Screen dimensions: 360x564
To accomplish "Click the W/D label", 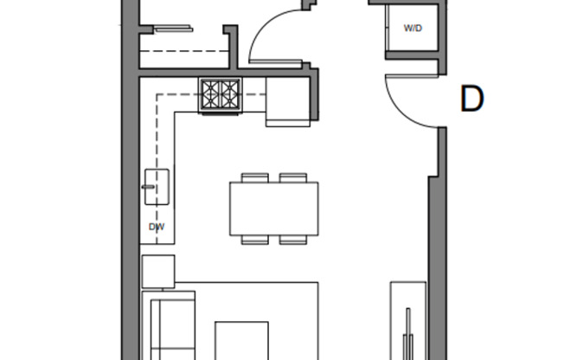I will point(413,29).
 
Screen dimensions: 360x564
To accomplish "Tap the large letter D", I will point(471,99).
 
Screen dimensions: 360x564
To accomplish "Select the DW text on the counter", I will point(157,227).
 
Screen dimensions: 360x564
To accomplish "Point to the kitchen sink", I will point(157,186).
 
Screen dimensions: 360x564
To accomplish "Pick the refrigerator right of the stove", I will point(287,102).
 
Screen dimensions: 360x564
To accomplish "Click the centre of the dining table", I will point(273,208).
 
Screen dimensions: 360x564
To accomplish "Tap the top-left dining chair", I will point(254,177).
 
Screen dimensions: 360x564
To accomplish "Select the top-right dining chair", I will point(293,177).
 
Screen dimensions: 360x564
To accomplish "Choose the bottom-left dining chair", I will point(254,240).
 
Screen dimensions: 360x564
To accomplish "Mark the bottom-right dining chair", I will point(293,240).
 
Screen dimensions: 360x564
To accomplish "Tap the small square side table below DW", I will point(157,271).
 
